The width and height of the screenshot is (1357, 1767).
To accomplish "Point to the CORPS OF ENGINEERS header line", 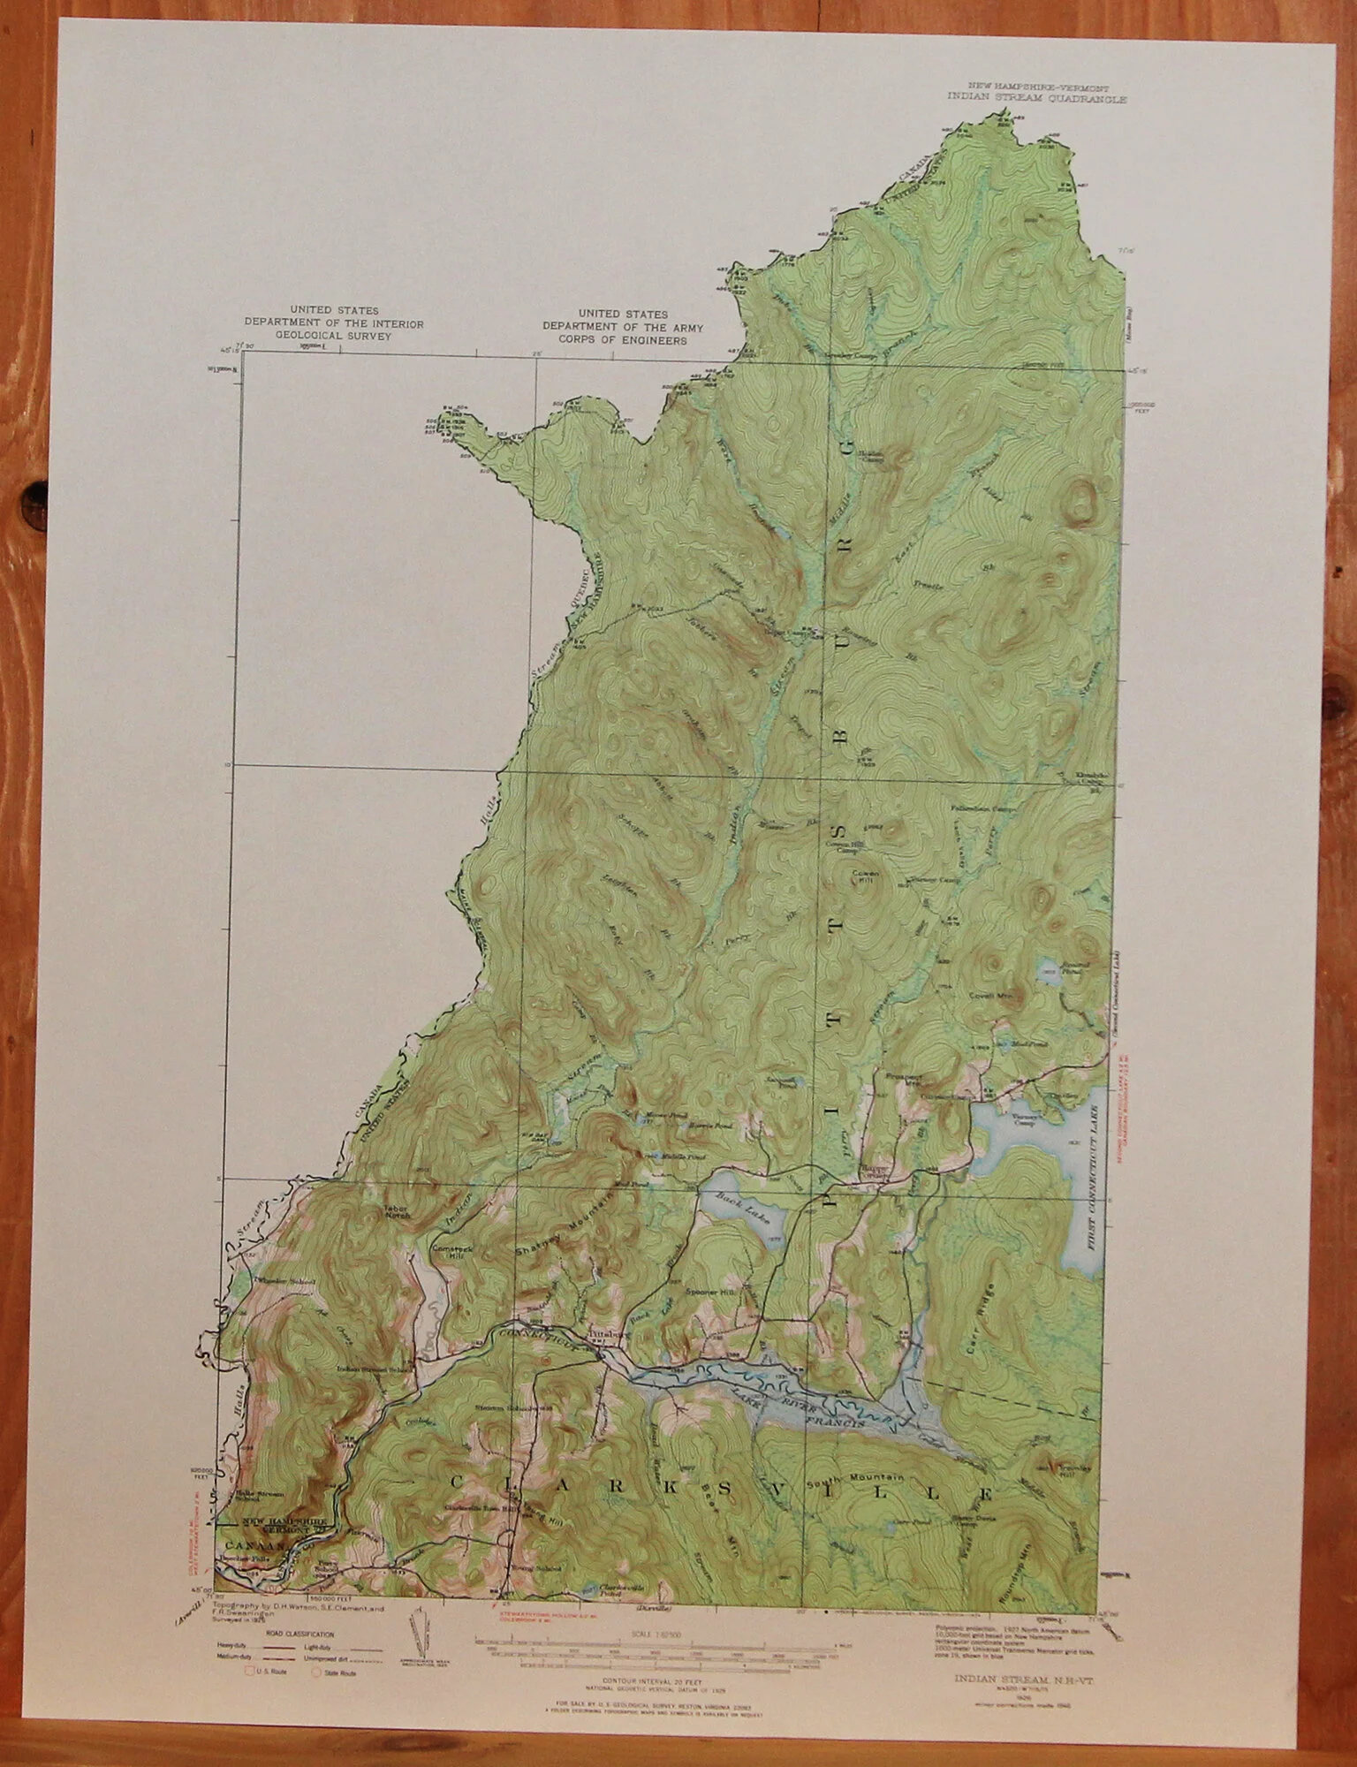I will [623, 339].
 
